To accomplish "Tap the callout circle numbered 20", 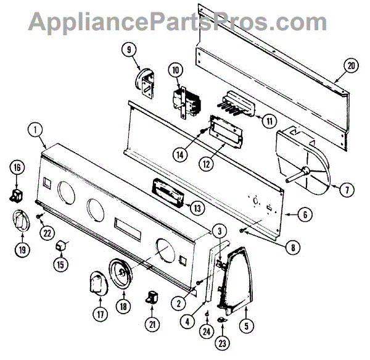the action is point(351,66).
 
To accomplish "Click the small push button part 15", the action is point(61,248).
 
